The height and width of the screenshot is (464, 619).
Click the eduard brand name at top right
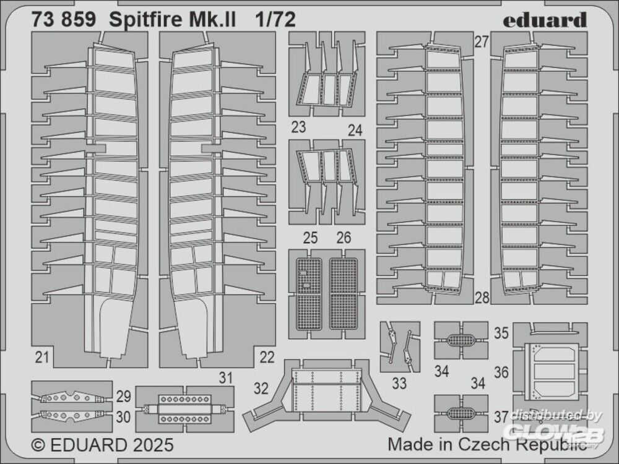544,20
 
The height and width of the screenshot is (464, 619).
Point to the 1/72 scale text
274,20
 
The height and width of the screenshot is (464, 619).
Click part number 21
42,356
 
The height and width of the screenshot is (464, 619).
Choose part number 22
267,356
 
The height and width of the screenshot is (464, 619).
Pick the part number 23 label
298,128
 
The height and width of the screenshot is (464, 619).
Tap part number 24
355,131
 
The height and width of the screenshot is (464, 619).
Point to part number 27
482,42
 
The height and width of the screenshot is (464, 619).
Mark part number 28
482,298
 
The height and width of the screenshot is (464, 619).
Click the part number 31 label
225,377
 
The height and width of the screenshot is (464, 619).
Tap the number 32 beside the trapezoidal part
261,389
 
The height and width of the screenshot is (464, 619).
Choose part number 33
399,384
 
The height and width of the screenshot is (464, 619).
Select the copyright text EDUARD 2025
102,445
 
